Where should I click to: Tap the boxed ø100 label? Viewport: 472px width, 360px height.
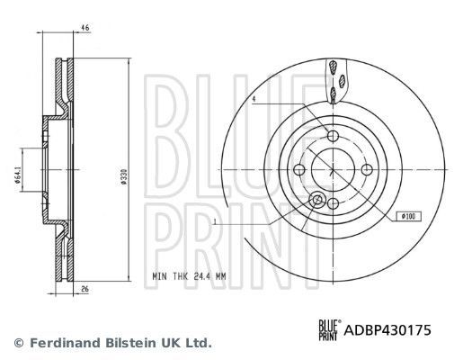pyautogui.click(x=409, y=216)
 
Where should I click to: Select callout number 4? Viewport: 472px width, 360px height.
pyautogui.click(x=254, y=99)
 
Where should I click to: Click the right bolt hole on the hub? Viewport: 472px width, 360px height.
pyautogui.click(x=367, y=169)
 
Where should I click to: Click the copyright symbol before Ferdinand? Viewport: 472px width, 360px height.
pyautogui.click(x=19, y=343)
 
